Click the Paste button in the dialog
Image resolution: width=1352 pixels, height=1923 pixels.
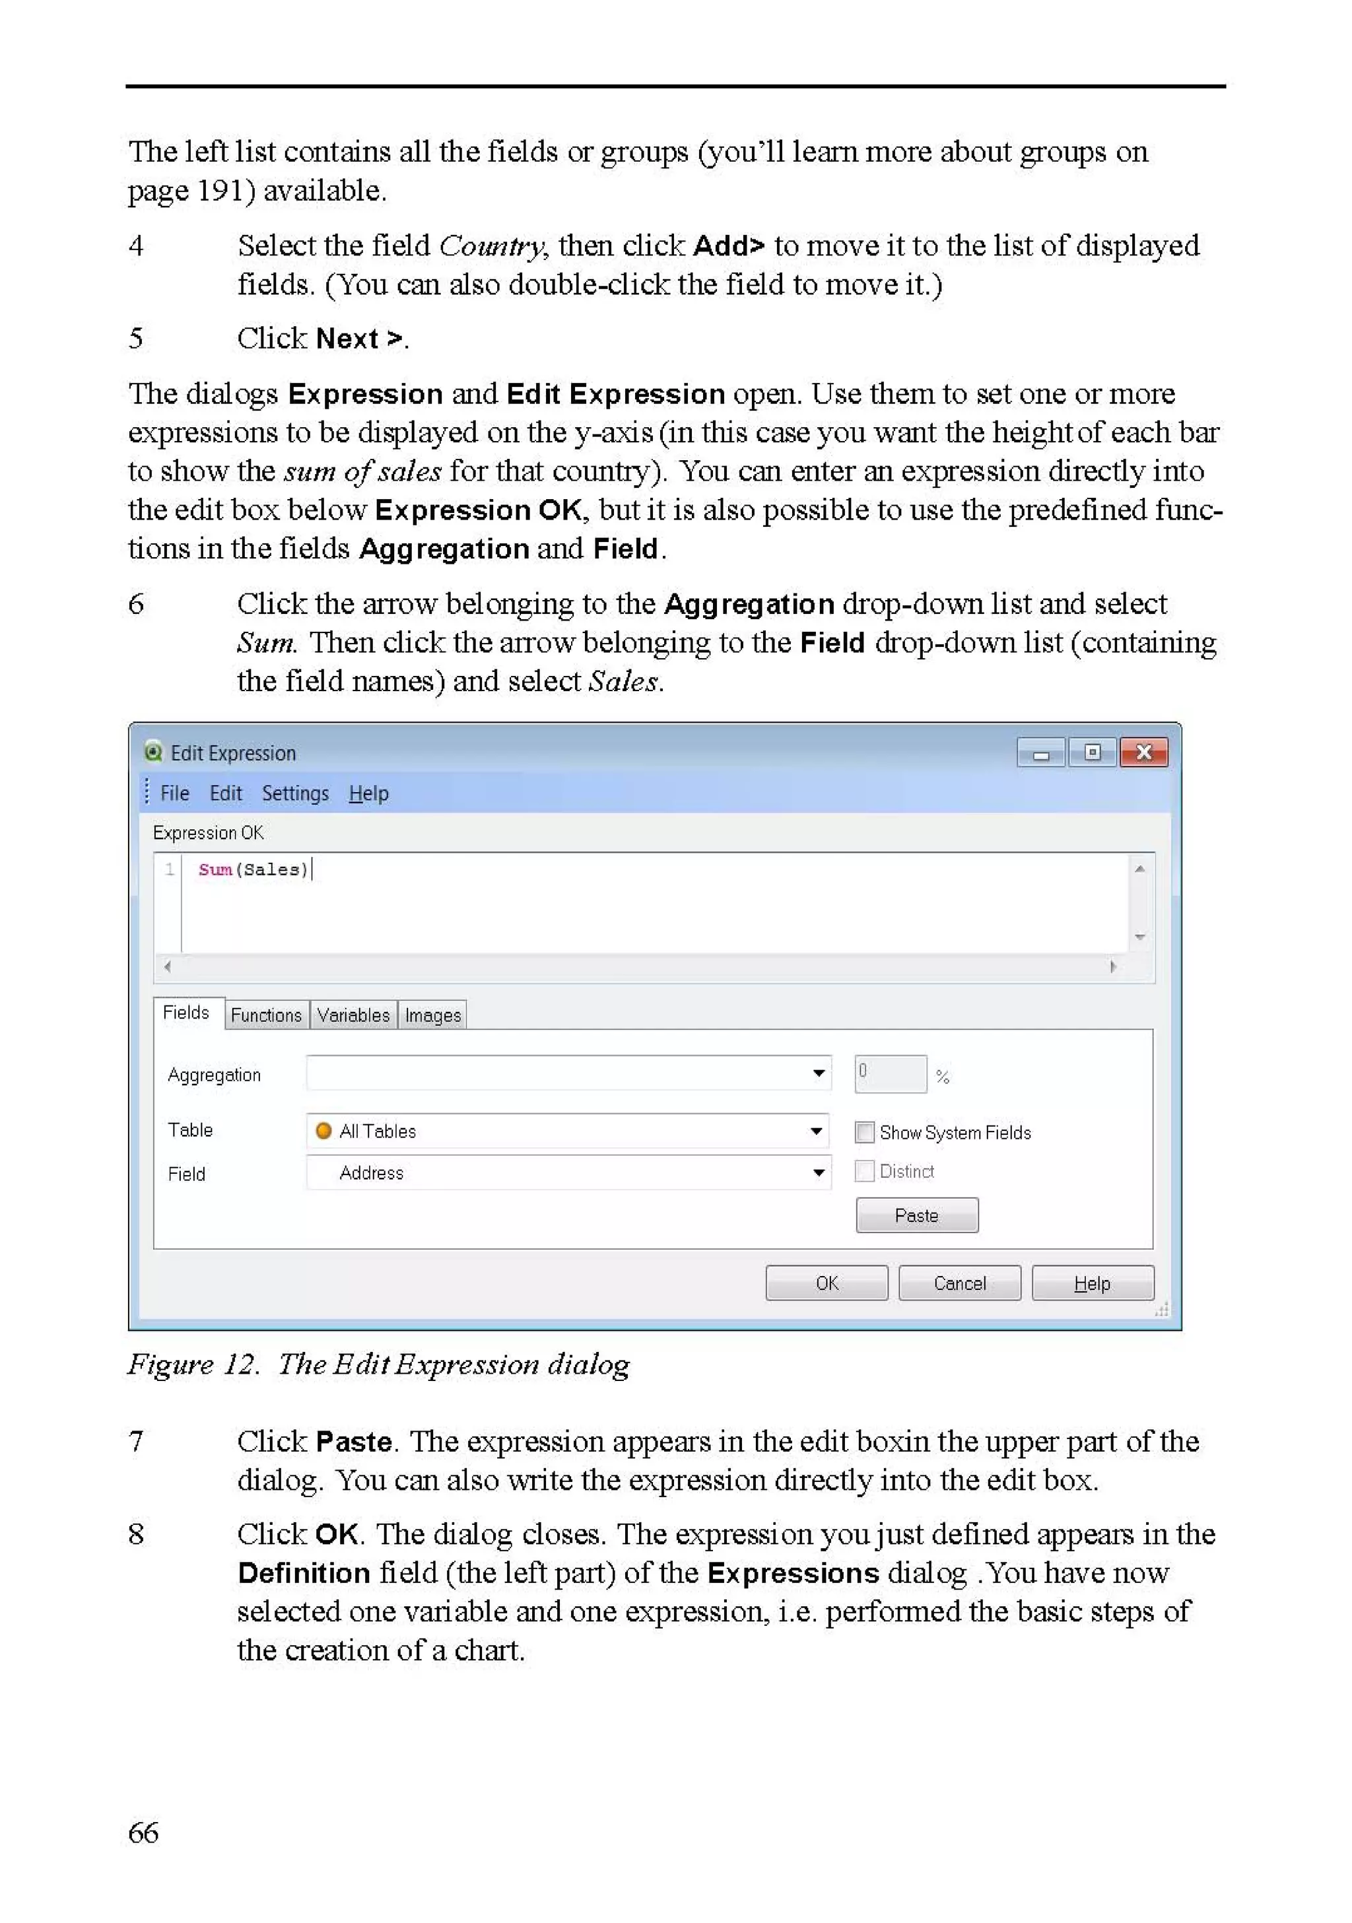point(916,1215)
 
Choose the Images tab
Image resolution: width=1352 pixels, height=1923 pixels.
point(432,1015)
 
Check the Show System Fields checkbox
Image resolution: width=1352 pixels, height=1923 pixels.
point(863,1131)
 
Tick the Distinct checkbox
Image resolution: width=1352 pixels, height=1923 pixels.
point(863,1171)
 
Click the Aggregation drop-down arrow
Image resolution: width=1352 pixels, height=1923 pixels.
point(819,1073)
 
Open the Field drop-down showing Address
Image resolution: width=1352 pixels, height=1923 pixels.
point(819,1172)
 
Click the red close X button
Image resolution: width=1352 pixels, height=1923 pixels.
point(1143,752)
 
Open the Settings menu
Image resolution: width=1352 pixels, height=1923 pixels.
point(295,793)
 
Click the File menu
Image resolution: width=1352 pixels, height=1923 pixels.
point(174,793)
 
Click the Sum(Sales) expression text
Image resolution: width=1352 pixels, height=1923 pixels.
point(253,869)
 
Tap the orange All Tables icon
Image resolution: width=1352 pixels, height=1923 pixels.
point(323,1131)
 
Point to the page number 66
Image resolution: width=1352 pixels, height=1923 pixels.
point(143,1832)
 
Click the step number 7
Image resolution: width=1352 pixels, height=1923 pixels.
point(136,1440)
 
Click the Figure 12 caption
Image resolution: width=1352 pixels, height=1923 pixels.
point(378,1363)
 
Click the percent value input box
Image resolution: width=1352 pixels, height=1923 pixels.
point(890,1074)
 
